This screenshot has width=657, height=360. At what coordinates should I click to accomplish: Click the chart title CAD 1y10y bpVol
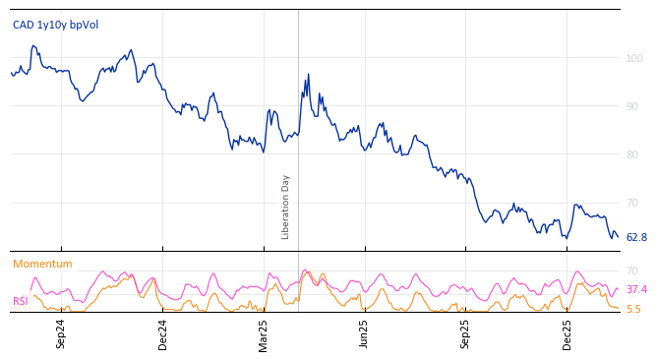55,25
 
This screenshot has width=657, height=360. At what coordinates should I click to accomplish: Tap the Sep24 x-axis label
61,334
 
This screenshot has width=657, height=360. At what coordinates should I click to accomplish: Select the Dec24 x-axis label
163,334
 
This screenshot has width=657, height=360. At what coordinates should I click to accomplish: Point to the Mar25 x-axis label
264,334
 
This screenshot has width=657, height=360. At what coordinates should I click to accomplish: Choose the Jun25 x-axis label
365,334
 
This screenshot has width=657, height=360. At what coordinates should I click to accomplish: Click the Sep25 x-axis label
466,334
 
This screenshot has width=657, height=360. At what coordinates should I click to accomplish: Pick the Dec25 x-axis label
567,334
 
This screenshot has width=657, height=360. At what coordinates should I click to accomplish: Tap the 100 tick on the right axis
634,58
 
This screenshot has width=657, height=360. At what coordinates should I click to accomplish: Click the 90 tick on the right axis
632,106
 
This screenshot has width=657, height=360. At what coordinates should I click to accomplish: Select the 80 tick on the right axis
632,154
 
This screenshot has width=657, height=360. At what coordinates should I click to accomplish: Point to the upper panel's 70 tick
632,203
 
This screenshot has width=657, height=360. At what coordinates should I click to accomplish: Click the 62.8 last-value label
636,238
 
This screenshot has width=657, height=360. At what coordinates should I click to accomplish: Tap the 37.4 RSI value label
636,290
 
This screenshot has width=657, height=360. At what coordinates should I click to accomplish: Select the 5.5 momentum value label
633,309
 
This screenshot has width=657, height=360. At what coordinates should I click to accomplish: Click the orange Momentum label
42,264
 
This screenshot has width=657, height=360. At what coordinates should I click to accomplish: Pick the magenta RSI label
20,301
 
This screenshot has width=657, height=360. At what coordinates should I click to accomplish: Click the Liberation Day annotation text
286,207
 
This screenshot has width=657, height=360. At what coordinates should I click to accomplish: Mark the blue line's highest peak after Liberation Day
308,75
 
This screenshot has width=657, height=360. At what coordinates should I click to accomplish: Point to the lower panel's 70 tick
632,270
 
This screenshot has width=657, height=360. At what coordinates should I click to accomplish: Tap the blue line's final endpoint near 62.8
617,237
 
